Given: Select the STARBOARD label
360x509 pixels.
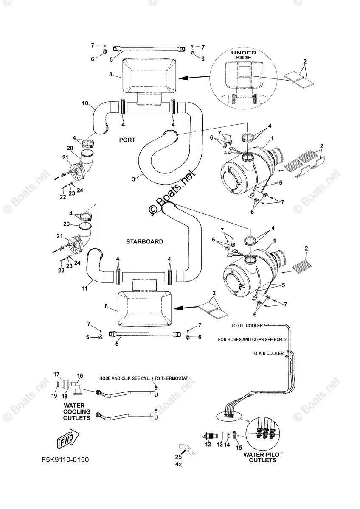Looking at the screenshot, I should pyautogui.click(x=144, y=241).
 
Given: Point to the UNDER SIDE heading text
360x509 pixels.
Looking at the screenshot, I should pyautogui.click(x=244, y=56).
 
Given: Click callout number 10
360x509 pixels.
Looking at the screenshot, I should pyautogui.click(x=84, y=103).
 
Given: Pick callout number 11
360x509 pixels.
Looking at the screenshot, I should pyautogui.click(x=84, y=288).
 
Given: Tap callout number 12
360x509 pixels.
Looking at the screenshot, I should pyautogui.click(x=208, y=445).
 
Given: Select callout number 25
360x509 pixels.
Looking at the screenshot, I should pyautogui.click(x=178, y=457).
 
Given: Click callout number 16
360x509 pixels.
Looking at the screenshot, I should pyautogui.click(x=80, y=376).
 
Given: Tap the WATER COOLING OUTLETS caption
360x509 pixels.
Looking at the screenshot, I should pyautogui.click(x=77, y=411).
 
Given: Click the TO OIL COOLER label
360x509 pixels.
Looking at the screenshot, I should pyautogui.click(x=247, y=325).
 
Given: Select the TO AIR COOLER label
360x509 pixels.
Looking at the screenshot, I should pyautogui.click(x=267, y=353).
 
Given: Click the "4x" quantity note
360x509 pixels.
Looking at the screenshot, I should pyautogui.click(x=179, y=464).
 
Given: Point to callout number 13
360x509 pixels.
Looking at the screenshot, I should pyautogui.click(x=220, y=445).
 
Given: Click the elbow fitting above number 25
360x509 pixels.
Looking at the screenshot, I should pyautogui.click(x=186, y=447).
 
